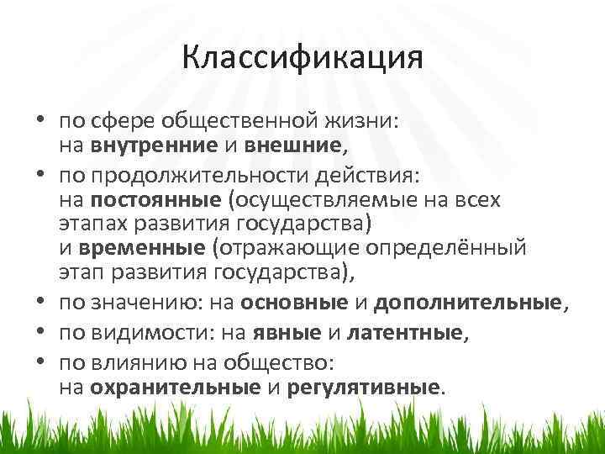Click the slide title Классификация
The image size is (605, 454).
(x=302, y=60)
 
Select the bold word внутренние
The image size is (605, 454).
(x=145, y=145)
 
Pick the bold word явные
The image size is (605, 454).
(x=292, y=334)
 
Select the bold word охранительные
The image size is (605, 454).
(x=176, y=388)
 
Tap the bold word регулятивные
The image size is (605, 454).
(x=363, y=388)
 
